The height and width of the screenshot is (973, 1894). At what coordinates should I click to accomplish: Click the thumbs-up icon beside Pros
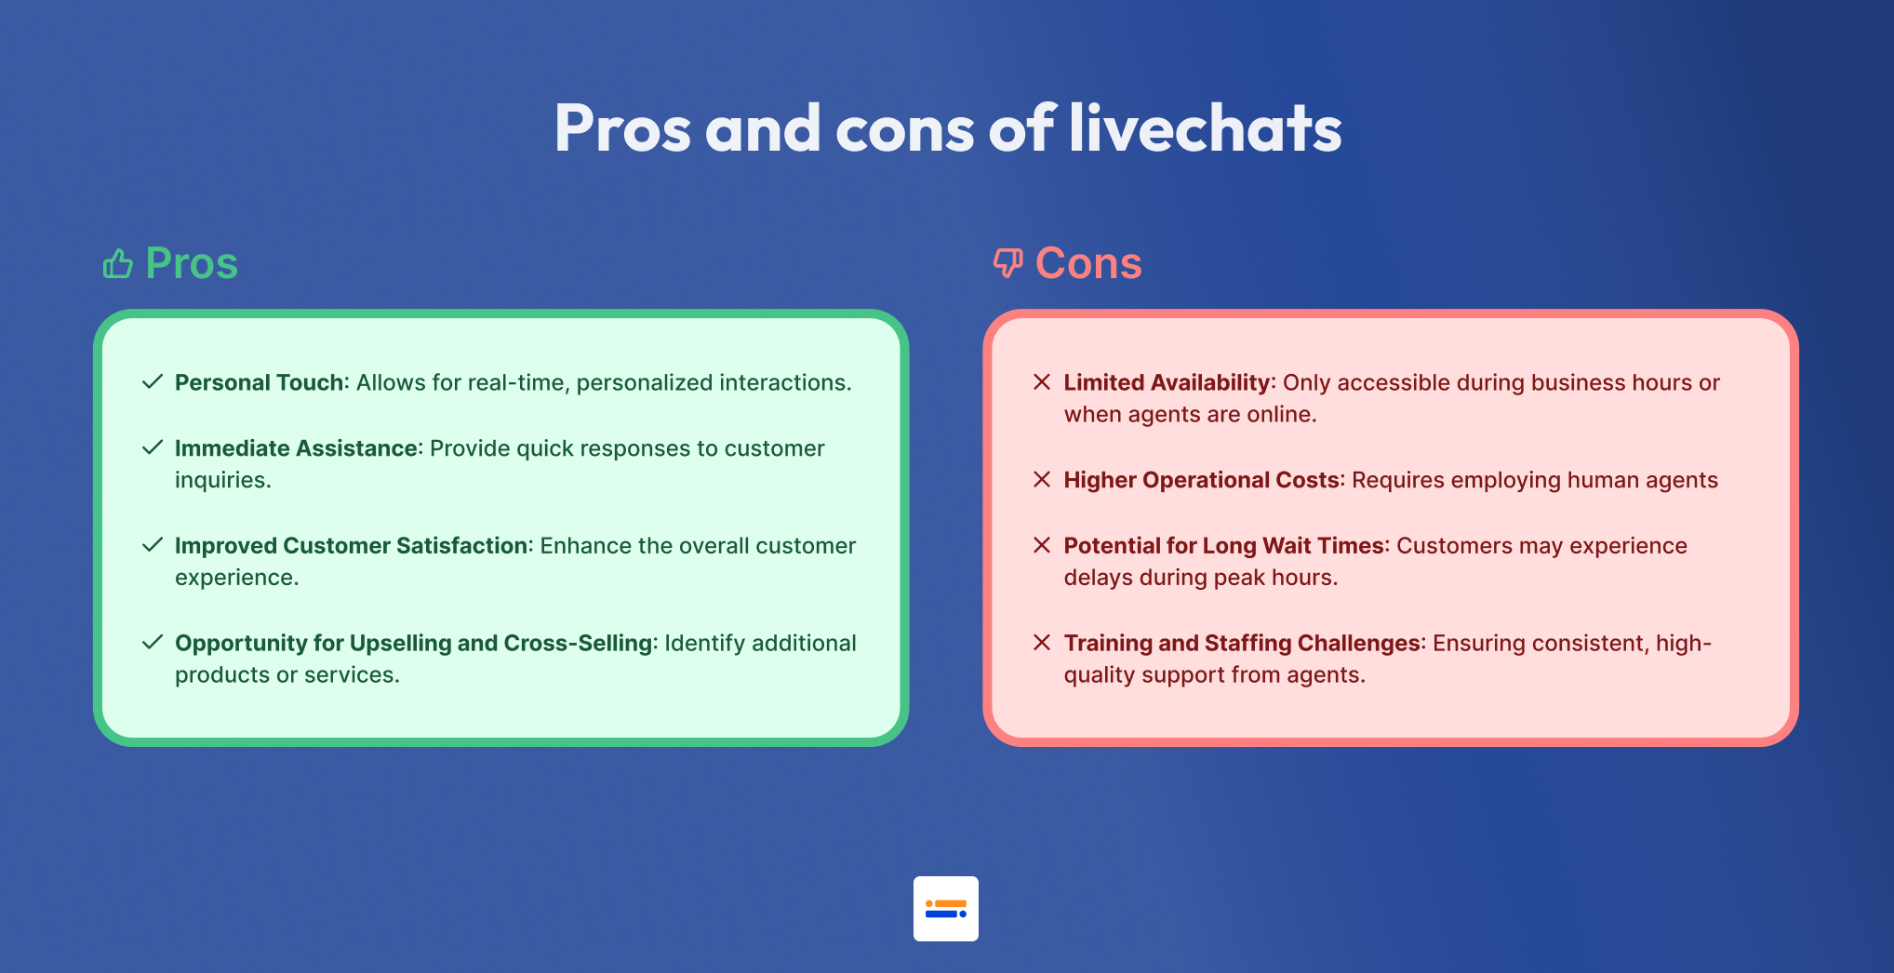click(x=118, y=264)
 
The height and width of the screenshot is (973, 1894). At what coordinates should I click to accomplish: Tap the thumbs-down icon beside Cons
click(x=1007, y=263)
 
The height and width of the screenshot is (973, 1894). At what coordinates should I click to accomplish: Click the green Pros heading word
click(x=192, y=263)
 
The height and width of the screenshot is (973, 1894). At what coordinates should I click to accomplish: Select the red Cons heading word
click(x=1088, y=263)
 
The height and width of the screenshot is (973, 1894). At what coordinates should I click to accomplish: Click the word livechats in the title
click(x=1206, y=127)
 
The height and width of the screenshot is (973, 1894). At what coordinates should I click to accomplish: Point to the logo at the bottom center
click(x=946, y=909)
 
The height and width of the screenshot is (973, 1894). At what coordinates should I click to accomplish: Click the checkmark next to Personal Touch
click(x=153, y=381)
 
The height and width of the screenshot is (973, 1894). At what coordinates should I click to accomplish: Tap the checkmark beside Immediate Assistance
click(x=153, y=447)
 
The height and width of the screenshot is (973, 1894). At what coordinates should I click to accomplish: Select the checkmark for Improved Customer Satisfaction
click(x=153, y=544)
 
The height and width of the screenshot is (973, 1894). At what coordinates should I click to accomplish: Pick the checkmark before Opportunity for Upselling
click(x=153, y=642)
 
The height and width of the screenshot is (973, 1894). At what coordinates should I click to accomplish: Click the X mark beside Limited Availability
click(x=1042, y=381)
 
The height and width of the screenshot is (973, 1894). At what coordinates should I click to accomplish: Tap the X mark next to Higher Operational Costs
click(x=1042, y=479)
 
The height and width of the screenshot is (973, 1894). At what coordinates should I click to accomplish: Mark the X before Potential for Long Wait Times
click(x=1042, y=544)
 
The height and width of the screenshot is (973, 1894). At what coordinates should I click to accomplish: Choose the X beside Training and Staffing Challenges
click(x=1042, y=642)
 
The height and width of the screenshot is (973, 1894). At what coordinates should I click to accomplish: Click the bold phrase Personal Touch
click(x=260, y=382)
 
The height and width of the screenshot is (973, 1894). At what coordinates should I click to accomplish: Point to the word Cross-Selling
click(x=578, y=643)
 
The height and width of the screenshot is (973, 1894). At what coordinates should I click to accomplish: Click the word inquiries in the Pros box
click(x=220, y=480)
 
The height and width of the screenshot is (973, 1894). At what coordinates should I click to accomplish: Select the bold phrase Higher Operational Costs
click(x=1202, y=480)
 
